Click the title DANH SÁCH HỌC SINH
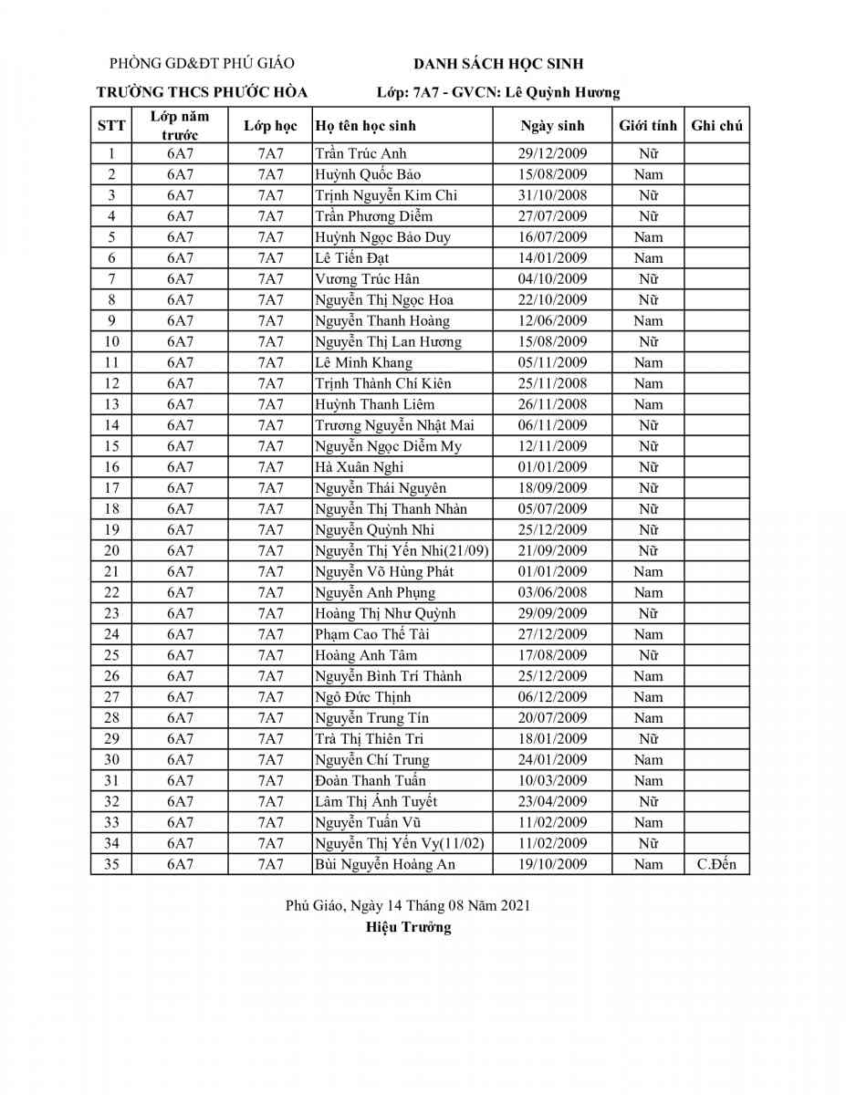(498, 64)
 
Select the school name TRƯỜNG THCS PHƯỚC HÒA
(203, 92)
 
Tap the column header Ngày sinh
(552, 126)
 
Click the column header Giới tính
(648, 126)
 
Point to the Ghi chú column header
(716, 126)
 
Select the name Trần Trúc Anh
(360, 153)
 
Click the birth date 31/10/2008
(552, 195)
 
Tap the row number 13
(111, 404)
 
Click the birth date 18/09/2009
(552, 488)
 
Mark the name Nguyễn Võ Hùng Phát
(384, 572)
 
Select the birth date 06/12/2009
(552, 697)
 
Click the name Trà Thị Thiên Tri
(369, 739)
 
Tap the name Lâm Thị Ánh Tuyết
(376, 802)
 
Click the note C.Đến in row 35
(716, 864)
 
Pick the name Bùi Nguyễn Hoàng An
(385, 864)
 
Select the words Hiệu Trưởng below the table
(408, 928)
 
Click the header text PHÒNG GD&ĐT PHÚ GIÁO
(202, 64)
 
